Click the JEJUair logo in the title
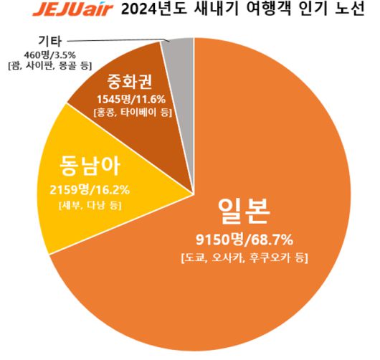pyautogui.click(x=59, y=11)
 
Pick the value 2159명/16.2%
pyautogui.click(x=81, y=191)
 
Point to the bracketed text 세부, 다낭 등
pyautogui.click(x=80, y=207)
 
